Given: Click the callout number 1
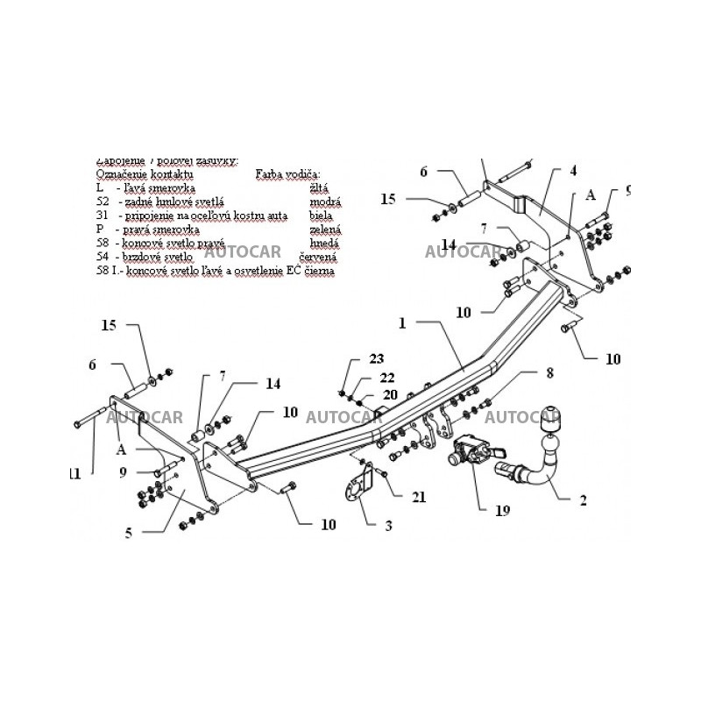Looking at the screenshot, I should pyautogui.click(x=402, y=323).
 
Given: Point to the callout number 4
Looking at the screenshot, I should pyautogui.click(x=573, y=170).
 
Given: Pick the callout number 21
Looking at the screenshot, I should pyautogui.click(x=420, y=497).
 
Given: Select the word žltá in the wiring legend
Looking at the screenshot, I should pyautogui.click(x=320, y=188).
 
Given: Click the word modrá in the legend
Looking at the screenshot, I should pyautogui.click(x=325, y=202).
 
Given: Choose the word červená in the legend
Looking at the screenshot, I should pyautogui.click(x=319, y=258).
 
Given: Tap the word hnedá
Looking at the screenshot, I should pyautogui.click(x=324, y=244).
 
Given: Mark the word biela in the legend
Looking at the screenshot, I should pyautogui.click(x=322, y=216).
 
